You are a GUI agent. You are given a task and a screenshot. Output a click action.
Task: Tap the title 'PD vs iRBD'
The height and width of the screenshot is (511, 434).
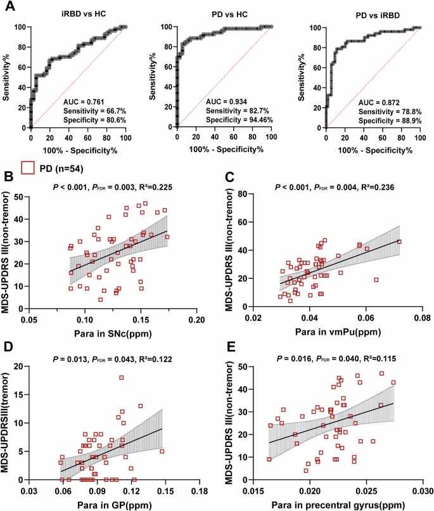370,14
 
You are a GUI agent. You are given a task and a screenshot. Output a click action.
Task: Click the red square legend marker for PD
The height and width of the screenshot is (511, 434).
27,167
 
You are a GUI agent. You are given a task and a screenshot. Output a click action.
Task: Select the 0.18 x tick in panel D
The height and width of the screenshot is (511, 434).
200,491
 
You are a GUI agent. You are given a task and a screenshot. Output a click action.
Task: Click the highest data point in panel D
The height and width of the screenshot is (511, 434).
122,377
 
